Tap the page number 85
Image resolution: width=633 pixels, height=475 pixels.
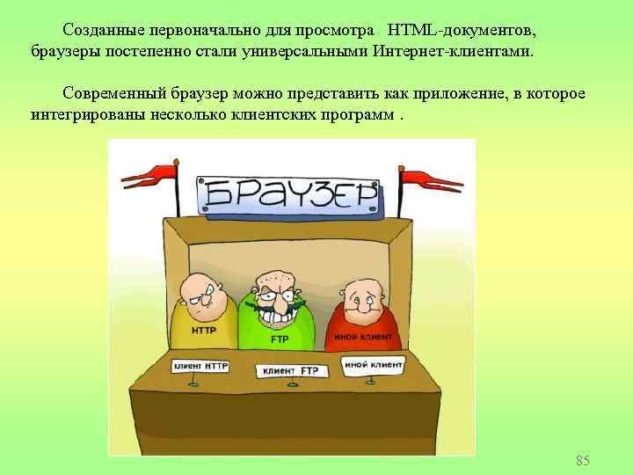coord(582,460)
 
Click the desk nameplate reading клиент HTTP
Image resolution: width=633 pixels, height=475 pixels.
coord(200,365)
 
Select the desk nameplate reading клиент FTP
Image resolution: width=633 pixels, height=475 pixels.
coord(288,370)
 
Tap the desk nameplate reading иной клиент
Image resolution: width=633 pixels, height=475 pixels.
coord(374,363)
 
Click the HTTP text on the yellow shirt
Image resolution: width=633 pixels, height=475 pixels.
coord(204,332)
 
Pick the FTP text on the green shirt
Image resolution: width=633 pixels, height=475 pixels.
coord(280,338)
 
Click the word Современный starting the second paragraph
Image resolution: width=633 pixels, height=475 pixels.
coord(117,94)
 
